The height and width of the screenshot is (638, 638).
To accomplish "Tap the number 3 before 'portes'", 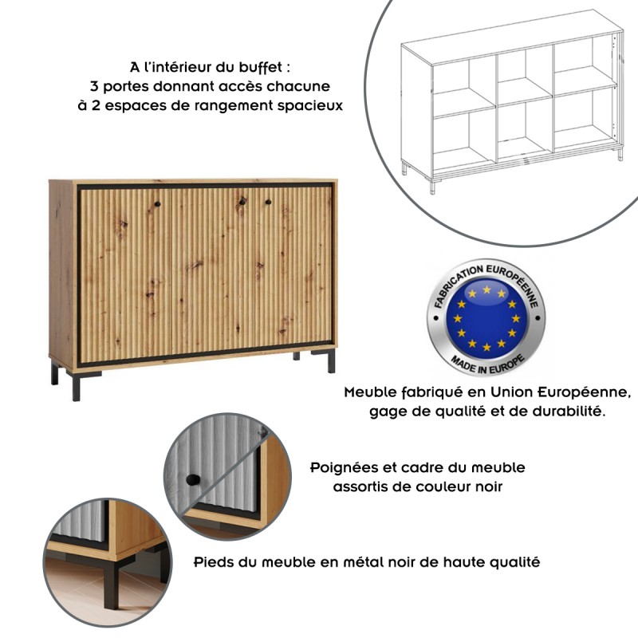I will (95, 85).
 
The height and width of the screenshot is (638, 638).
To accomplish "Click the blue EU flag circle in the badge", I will (486, 316).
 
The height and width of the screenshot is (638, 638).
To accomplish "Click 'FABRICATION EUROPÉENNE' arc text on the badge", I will (486, 276).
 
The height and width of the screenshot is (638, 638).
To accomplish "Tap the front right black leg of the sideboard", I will (330, 362).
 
